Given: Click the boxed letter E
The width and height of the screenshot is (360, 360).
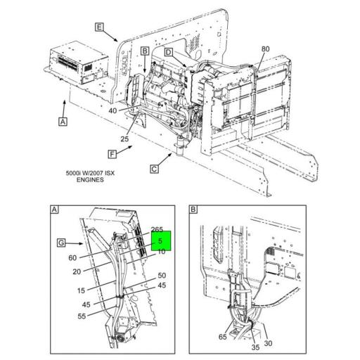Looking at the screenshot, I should pos(99,27).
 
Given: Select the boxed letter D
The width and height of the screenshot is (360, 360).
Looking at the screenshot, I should pos(169,53).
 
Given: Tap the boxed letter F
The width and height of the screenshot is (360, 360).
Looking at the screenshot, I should pos(112,153).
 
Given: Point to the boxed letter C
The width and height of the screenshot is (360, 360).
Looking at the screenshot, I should pos(154,168).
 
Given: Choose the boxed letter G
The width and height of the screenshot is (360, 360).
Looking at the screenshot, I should pos(60,243).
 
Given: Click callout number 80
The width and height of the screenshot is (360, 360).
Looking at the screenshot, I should pos(265,49).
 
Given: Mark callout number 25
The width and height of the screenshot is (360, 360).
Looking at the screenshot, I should pos(124,139).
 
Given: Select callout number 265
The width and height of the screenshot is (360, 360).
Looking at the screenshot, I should pos(157,229).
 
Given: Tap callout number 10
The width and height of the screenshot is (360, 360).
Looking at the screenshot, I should pos(161,252).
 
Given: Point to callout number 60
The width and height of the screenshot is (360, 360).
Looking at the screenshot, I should pos(72,257).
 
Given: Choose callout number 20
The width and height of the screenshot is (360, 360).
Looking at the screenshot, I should pos(76,271).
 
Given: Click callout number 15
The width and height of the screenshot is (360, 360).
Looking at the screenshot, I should pos(81,290).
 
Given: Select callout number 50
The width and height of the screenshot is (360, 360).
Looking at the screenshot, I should pos(161,276).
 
